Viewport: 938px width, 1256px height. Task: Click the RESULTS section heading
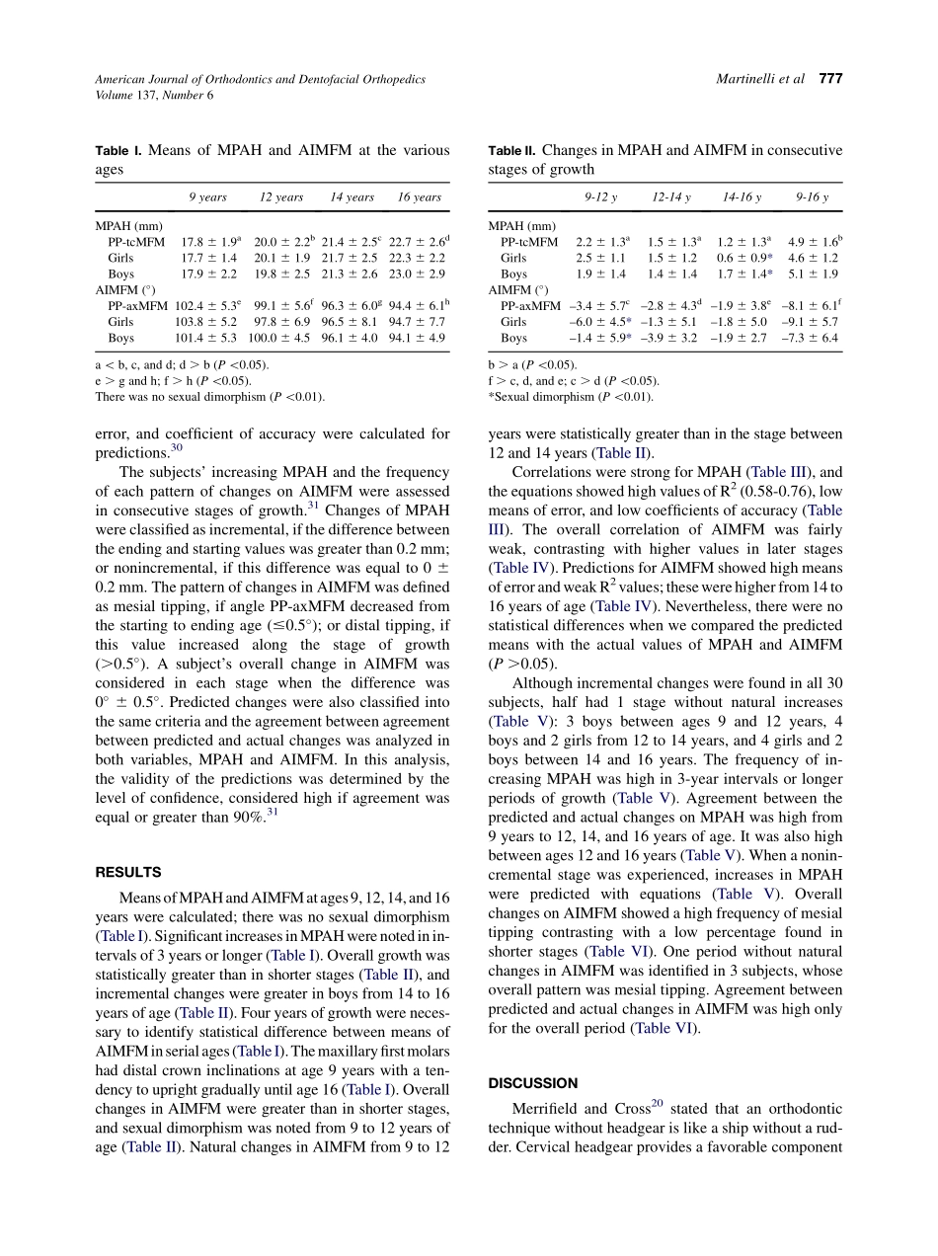(127, 872)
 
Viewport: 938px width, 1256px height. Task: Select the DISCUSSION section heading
(533, 1082)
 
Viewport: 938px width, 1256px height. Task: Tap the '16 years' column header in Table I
(419, 197)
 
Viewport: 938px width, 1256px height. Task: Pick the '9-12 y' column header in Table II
(600, 197)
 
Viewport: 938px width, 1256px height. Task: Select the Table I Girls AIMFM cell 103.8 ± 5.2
(206, 322)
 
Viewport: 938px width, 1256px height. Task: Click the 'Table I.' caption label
(118, 151)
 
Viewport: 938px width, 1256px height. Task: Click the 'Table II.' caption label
(511, 151)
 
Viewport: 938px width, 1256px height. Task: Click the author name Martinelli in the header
(747, 79)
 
